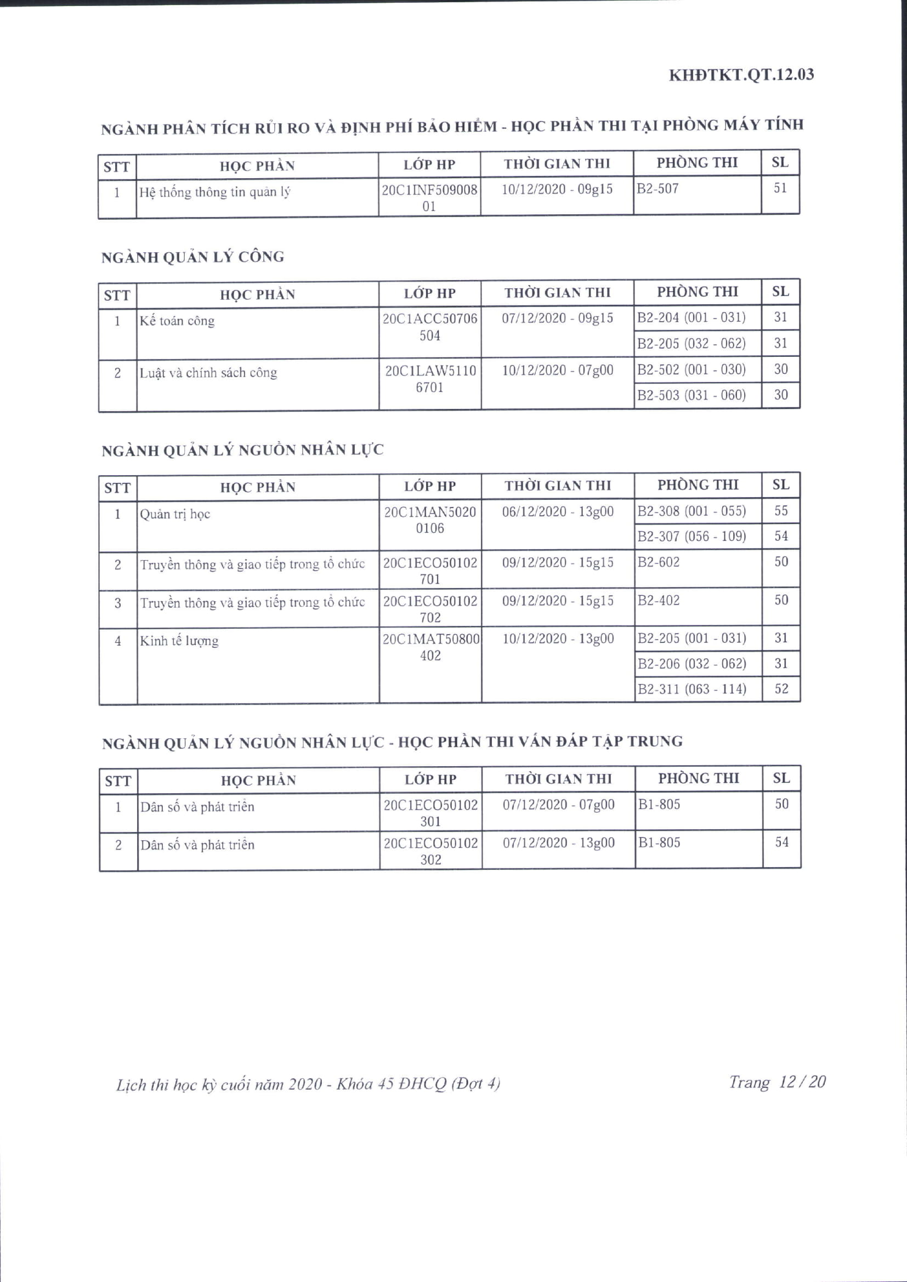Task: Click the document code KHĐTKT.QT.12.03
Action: click(741, 75)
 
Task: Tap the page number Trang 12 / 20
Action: click(777, 1081)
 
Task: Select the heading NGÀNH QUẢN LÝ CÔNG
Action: click(192, 258)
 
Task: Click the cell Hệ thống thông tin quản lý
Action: click(215, 192)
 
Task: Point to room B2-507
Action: click(658, 189)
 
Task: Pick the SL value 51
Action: click(780, 188)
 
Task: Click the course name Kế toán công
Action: click(177, 321)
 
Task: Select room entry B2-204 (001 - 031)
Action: click(691, 318)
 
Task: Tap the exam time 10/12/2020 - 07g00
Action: click(557, 370)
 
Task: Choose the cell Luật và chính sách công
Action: click(208, 373)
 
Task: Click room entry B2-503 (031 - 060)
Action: click(691, 395)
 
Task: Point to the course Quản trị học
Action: click(175, 514)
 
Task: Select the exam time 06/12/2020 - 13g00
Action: click(557, 511)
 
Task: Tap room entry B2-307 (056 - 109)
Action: click(691, 537)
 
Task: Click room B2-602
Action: click(659, 562)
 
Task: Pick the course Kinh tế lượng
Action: click(179, 641)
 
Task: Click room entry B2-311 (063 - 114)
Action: click(692, 689)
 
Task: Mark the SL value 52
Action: click(781, 689)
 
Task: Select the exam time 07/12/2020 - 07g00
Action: click(558, 805)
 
